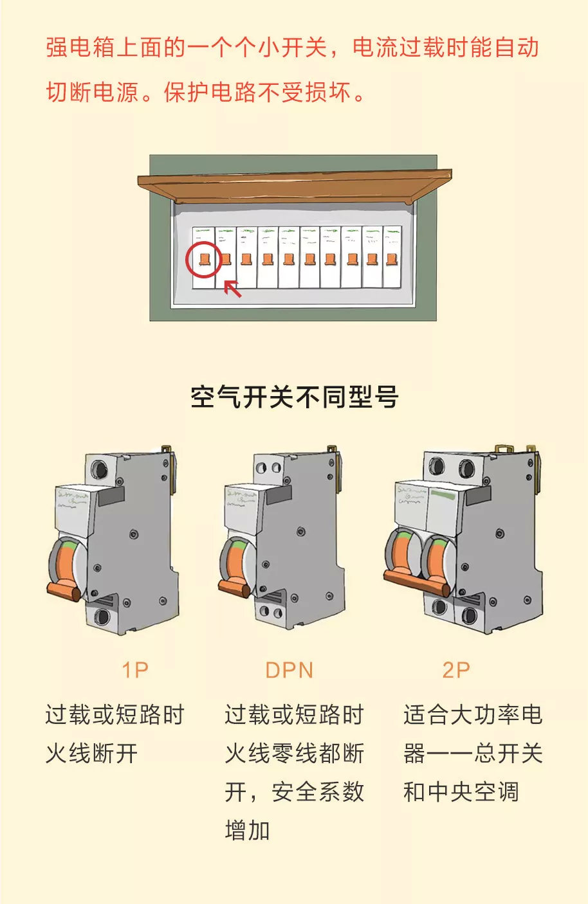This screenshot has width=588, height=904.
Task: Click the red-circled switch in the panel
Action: [x=204, y=259]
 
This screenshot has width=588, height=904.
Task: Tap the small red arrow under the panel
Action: [x=232, y=289]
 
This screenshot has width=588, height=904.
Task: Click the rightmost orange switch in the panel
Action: [x=392, y=259]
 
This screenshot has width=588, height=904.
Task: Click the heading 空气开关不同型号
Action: [x=294, y=397]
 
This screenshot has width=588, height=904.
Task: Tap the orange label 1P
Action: [x=135, y=670]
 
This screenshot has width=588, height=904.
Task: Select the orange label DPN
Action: [x=289, y=670]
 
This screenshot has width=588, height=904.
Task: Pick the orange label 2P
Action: [x=456, y=670]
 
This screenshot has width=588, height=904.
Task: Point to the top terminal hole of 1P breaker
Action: [x=100, y=467]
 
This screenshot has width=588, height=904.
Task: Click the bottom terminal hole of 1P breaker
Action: [x=102, y=617]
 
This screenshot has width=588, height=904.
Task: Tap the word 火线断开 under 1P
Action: [x=91, y=754]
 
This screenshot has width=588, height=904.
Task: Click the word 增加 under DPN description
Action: [x=247, y=831]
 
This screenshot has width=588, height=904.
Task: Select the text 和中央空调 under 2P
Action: [x=461, y=792]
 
